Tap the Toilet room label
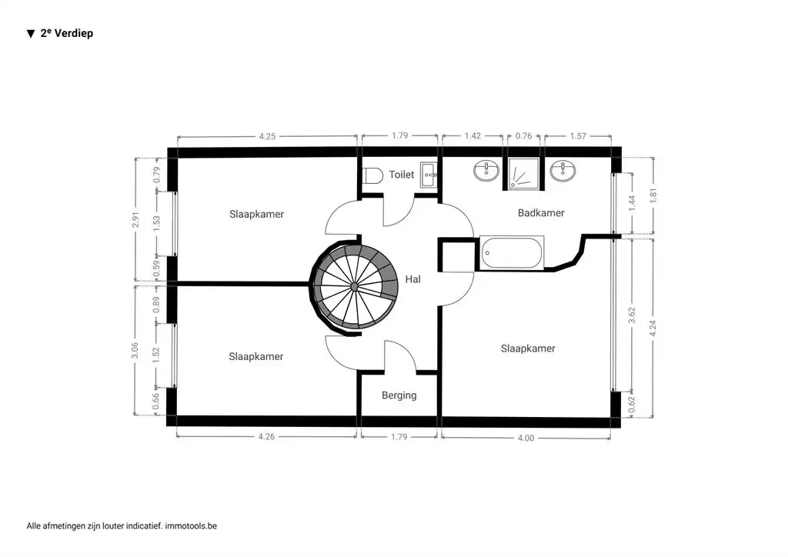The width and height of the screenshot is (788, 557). pyautogui.click(x=401, y=175)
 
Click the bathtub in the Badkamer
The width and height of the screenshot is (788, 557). pyautogui.click(x=511, y=253)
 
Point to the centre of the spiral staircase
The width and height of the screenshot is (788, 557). pyautogui.click(x=354, y=286)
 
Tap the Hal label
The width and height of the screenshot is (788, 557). pyautogui.click(x=413, y=279)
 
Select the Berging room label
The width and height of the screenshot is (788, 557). pyautogui.click(x=399, y=395)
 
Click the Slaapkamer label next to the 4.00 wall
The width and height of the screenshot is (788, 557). pyautogui.click(x=528, y=349)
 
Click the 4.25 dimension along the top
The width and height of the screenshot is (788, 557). pyautogui.click(x=267, y=136)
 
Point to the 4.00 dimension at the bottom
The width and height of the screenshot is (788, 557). pyautogui.click(x=525, y=437)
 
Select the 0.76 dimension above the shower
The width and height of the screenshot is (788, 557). pyautogui.click(x=523, y=136)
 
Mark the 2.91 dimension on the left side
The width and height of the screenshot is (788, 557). pyautogui.click(x=135, y=220)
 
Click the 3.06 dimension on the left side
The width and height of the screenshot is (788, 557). pyautogui.click(x=135, y=350)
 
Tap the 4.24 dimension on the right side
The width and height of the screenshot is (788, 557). pyautogui.click(x=653, y=326)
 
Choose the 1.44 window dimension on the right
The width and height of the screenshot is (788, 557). pyautogui.click(x=632, y=203)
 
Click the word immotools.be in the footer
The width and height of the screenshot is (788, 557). pyautogui.click(x=191, y=526)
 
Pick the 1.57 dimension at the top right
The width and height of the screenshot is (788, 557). pyautogui.click(x=577, y=136)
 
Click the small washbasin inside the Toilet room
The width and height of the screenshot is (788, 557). pyautogui.click(x=428, y=175)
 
